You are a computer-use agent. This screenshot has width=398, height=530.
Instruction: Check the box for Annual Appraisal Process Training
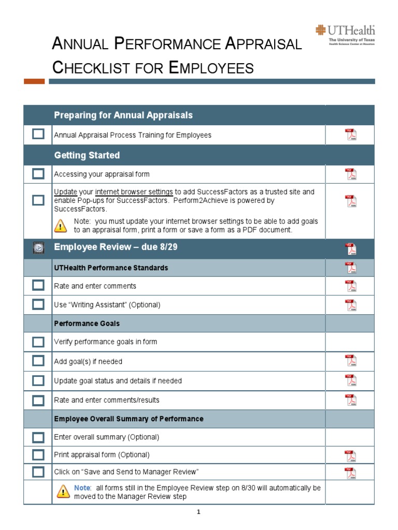click(38, 135)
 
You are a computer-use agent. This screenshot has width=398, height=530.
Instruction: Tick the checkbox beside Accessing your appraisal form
click(38, 174)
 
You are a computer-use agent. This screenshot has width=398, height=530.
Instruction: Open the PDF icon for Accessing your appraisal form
click(351, 174)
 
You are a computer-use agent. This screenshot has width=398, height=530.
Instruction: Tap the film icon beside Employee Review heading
click(38, 248)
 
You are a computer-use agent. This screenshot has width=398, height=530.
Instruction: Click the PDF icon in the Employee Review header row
click(351, 249)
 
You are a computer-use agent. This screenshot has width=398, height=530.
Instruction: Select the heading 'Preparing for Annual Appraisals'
click(123, 115)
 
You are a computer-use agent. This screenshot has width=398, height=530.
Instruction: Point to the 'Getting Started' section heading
click(87, 155)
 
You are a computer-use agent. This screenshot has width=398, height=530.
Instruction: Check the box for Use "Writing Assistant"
click(38, 304)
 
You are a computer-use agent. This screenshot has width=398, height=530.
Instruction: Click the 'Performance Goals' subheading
click(87, 323)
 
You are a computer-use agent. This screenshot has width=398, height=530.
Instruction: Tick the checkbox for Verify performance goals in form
click(38, 342)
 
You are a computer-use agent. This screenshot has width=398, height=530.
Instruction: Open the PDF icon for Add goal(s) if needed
click(351, 361)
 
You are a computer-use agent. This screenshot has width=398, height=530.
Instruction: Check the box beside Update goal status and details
click(38, 380)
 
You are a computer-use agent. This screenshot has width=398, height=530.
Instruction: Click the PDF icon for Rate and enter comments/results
click(351, 400)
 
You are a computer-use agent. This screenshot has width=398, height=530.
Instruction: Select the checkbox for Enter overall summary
click(38, 437)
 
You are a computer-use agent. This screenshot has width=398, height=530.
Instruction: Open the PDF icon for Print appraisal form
click(351, 455)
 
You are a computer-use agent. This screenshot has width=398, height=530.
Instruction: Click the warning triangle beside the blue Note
click(63, 491)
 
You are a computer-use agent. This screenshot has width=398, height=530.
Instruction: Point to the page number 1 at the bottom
click(198, 512)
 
